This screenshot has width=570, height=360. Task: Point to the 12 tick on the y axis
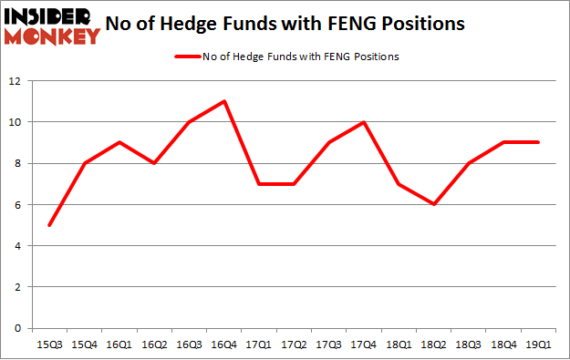[14, 81]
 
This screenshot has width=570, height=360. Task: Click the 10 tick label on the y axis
[14, 122]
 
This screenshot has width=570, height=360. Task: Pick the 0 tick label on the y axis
[16, 328]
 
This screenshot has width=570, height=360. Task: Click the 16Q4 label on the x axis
[223, 344]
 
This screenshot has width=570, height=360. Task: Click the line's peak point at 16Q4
[224, 101]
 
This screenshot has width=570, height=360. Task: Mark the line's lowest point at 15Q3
[50, 225]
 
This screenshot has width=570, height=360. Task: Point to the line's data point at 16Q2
[154, 163]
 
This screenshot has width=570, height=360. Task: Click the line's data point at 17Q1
[259, 184]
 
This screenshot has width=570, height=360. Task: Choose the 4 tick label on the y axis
[16, 246]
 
